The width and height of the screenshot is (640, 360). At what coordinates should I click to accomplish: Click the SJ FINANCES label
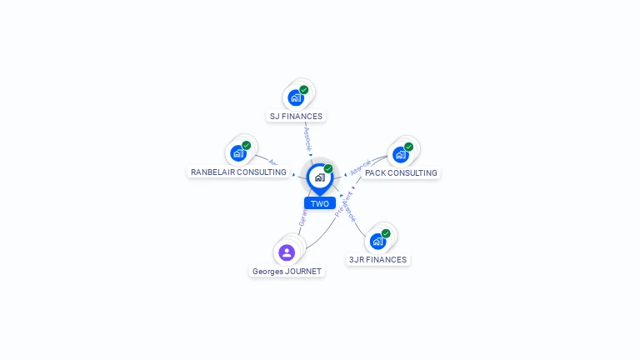click(296, 117)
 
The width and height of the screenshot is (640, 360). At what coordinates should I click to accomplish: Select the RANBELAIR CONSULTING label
click(238, 172)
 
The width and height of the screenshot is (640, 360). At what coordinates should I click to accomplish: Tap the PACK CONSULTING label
click(400, 173)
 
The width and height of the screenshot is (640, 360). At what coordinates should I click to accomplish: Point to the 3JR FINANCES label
click(377, 260)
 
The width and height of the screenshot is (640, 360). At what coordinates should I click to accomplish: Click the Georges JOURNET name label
click(287, 272)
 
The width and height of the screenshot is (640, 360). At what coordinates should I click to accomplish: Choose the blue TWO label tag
click(320, 203)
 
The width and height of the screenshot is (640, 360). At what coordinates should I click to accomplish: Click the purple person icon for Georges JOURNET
click(287, 252)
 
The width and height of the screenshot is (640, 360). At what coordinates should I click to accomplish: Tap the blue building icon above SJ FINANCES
click(296, 97)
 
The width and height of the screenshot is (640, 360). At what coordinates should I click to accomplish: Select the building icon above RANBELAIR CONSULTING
click(238, 153)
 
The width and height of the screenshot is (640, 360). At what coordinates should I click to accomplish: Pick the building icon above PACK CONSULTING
click(401, 154)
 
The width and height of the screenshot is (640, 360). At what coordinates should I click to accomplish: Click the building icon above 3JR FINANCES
click(378, 241)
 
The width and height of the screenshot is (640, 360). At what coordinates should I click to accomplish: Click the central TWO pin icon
click(319, 177)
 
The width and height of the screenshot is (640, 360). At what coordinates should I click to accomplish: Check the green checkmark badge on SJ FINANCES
click(304, 90)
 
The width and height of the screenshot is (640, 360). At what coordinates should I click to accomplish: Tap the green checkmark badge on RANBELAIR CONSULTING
click(247, 146)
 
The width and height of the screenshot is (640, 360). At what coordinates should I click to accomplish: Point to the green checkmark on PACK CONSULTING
click(408, 147)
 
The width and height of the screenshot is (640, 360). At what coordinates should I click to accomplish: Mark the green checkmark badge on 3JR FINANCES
click(386, 233)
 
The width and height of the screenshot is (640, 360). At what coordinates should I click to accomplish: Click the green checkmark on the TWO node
click(328, 169)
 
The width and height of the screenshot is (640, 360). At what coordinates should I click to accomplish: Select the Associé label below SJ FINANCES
click(307, 137)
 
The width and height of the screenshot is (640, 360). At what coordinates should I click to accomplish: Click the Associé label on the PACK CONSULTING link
click(361, 167)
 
